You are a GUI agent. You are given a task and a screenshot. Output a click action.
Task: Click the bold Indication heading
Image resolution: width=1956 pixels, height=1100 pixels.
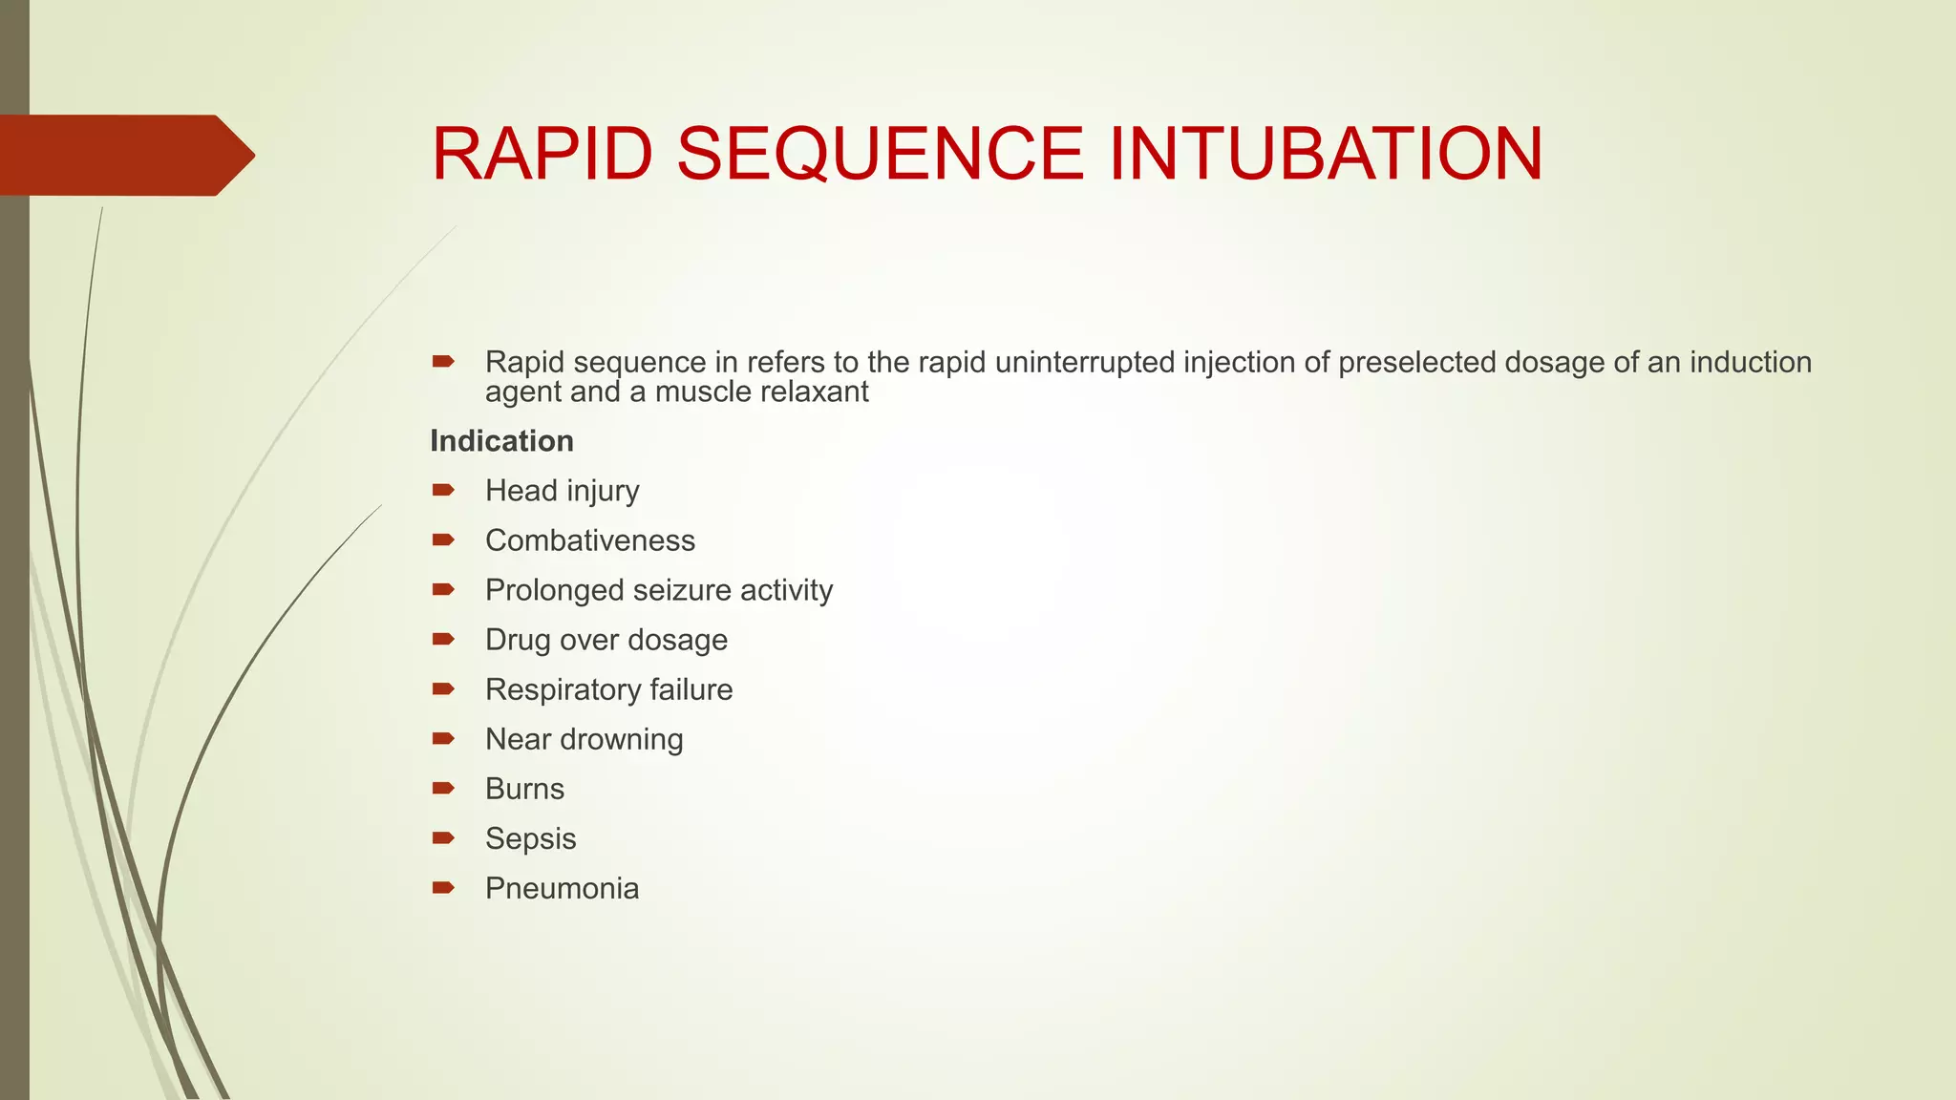tap(501, 441)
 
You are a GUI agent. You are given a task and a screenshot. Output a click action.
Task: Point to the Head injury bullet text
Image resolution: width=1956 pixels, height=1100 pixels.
tap(562, 491)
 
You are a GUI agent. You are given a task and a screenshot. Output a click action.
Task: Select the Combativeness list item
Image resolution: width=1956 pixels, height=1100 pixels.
tap(589, 540)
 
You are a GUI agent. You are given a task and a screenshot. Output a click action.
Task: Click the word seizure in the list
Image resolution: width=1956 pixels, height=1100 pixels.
tap(679, 590)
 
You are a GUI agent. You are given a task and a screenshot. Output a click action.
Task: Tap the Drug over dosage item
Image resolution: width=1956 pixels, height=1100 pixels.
tap(606, 640)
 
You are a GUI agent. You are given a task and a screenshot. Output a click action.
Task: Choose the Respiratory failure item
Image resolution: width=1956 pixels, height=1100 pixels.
tap(608, 689)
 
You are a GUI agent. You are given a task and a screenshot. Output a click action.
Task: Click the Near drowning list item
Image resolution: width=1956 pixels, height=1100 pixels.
tap(584, 739)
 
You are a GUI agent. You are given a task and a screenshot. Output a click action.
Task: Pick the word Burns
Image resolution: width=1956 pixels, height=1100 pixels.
tap(524, 789)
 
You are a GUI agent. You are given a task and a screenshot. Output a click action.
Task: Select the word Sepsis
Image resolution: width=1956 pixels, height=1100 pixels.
tap(530, 838)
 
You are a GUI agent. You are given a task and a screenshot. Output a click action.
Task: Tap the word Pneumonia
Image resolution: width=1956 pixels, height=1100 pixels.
tap(562, 888)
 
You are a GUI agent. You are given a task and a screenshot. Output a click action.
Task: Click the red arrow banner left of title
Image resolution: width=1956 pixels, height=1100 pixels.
tap(124, 155)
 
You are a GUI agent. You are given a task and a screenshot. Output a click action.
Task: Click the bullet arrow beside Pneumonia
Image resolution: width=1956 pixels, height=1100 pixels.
tap(442, 888)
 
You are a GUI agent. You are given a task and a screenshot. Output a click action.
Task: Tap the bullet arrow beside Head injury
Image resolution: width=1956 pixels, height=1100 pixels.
tap(442, 491)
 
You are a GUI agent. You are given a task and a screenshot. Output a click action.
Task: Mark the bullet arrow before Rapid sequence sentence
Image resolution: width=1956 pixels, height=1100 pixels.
tap(442, 362)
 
